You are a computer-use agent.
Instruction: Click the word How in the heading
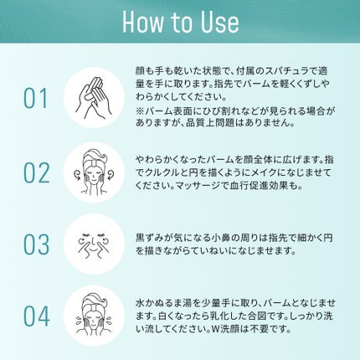point(142,22)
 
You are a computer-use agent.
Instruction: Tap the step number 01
point(36,99)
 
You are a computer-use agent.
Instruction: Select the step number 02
point(36,172)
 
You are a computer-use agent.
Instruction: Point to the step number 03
point(36,244)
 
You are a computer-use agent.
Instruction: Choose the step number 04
point(37,316)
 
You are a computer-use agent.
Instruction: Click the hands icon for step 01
point(94,98)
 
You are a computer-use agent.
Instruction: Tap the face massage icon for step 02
point(94,172)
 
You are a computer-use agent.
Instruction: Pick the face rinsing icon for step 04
point(94,315)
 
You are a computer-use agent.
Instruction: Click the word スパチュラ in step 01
point(283,71)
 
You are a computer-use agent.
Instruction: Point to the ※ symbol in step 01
point(140,111)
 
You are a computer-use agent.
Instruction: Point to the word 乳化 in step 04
point(213,316)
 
